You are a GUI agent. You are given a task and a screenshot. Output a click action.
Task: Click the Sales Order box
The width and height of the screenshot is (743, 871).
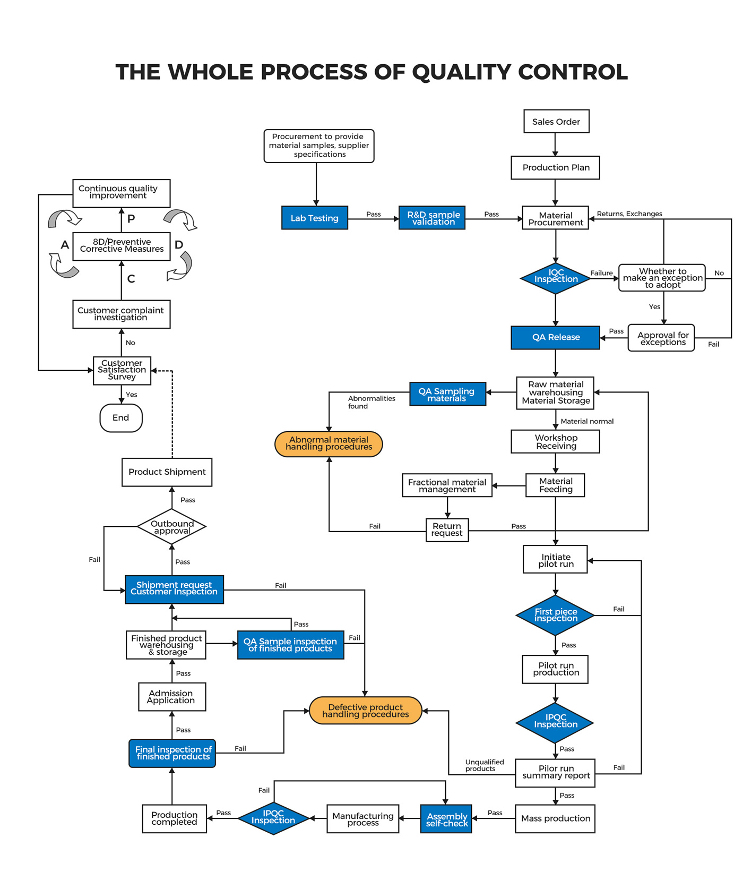coord(556,122)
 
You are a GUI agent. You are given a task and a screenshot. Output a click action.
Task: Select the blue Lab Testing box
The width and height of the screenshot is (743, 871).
coord(314,218)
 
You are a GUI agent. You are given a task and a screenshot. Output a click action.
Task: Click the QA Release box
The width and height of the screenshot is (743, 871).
coord(555,337)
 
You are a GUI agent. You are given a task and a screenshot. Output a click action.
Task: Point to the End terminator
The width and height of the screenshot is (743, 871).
coord(121,418)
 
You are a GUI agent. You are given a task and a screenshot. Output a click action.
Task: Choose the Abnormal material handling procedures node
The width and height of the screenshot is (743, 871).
coord(329,443)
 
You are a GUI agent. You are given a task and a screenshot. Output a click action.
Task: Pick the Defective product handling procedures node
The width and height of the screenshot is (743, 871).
coord(365,711)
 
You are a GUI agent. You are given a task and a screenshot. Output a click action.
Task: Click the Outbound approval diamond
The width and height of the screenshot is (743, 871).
coord(171,527)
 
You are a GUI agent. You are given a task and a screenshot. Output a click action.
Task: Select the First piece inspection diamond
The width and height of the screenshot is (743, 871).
coord(555,615)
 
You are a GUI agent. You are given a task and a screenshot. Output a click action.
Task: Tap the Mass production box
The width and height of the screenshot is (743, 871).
coord(555,818)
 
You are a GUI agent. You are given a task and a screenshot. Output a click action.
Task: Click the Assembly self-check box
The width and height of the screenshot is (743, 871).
coord(446,819)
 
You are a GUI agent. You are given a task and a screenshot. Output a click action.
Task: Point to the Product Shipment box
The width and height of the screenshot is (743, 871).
coord(167,472)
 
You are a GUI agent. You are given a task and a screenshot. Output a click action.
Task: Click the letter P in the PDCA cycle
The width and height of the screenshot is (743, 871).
coord(131,219)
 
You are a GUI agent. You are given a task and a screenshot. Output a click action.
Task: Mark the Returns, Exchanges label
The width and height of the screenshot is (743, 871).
coord(629,214)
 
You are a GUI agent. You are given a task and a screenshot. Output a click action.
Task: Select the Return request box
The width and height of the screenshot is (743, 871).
coord(447,530)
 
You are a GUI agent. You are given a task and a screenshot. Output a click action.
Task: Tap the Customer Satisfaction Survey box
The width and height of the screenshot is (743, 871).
coord(122,370)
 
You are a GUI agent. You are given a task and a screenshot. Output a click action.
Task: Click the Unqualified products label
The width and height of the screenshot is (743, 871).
coord(484,765)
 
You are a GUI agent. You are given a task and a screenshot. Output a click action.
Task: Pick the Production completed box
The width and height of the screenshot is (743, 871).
coord(174,818)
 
